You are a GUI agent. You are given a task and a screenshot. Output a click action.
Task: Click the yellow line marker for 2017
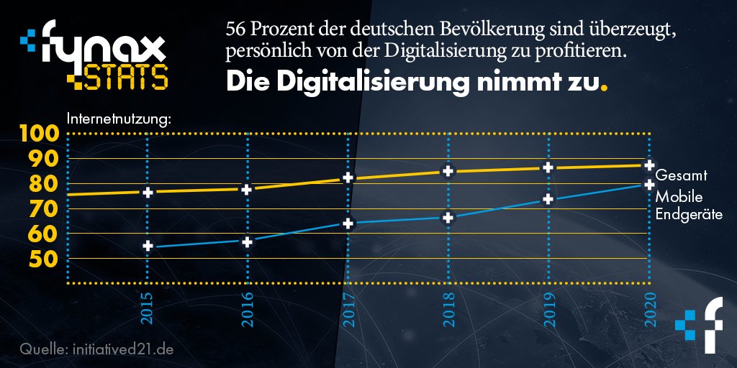348,178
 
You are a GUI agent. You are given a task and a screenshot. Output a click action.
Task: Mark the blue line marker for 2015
148,246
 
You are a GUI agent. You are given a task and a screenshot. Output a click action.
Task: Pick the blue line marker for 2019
548,199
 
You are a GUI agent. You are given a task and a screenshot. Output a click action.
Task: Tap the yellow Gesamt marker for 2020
648,165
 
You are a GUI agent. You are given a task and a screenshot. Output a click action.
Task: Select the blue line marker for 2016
248,241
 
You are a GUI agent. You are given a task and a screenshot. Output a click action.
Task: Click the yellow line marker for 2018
448,171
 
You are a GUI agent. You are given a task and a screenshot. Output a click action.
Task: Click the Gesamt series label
681,175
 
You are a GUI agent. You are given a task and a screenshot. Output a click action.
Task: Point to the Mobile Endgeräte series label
688,206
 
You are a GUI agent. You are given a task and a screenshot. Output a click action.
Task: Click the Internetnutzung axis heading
119,118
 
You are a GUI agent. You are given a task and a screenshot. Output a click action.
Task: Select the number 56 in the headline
235,31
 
